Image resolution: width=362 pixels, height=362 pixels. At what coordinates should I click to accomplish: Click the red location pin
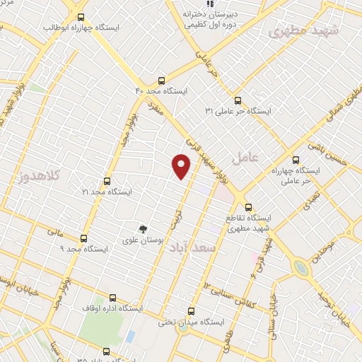[x=182, y=166]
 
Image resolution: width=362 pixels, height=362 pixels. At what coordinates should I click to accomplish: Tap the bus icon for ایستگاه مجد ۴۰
[x=162, y=81]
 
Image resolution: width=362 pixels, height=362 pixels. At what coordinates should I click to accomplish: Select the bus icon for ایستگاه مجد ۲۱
[x=107, y=181]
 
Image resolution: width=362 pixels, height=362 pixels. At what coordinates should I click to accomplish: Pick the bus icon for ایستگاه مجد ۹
[x=84, y=238]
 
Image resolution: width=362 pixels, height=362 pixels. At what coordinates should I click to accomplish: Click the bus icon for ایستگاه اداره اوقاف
[x=113, y=298]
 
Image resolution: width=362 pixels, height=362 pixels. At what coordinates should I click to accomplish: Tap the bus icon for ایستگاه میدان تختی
[x=191, y=311]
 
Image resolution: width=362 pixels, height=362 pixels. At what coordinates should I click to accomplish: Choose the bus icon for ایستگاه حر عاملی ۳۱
[x=238, y=100]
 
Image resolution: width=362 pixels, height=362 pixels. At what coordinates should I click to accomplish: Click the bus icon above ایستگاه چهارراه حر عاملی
[x=295, y=160]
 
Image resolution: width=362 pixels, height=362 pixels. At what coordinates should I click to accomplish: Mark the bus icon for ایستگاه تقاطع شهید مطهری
[x=247, y=207]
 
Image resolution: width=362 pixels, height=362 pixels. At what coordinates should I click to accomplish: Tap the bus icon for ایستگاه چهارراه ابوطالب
[x=80, y=17]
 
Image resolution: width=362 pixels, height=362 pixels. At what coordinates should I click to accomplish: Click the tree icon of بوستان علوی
[x=143, y=228]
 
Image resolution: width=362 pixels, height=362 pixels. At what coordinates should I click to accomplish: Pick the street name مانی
[x=54, y=231]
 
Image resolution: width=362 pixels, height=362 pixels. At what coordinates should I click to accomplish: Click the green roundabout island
[x=301, y=268]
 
